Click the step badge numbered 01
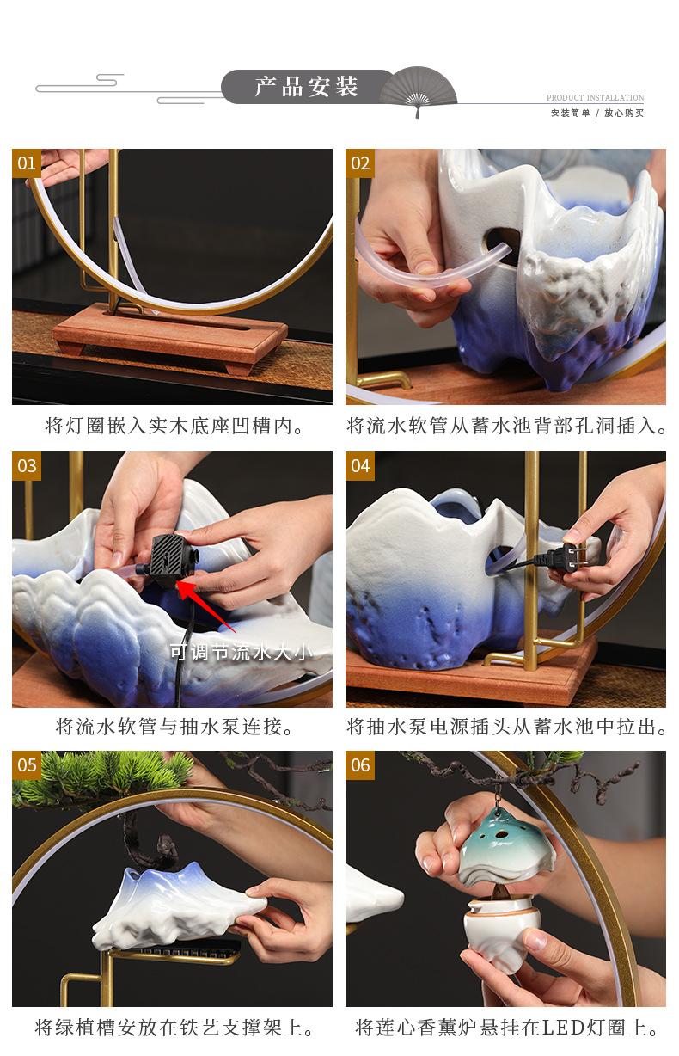pyautogui.click(x=27, y=163)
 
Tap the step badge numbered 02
pyautogui.click(x=360, y=163)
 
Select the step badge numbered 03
pyautogui.click(x=27, y=466)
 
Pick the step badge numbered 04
pyautogui.click(x=360, y=466)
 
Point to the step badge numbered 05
pyautogui.click(x=27, y=764)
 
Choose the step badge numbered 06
pyautogui.click(x=360, y=764)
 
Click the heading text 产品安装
pyautogui.click(x=306, y=87)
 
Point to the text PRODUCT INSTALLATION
pyautogui.click(x=595, y=97)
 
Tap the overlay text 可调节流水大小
pyautogui.click(x=241, y=653)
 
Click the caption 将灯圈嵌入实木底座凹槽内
pyautogui.click(x=174, y=427)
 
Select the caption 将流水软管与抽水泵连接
pyautogui.click(x=174, y=727)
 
